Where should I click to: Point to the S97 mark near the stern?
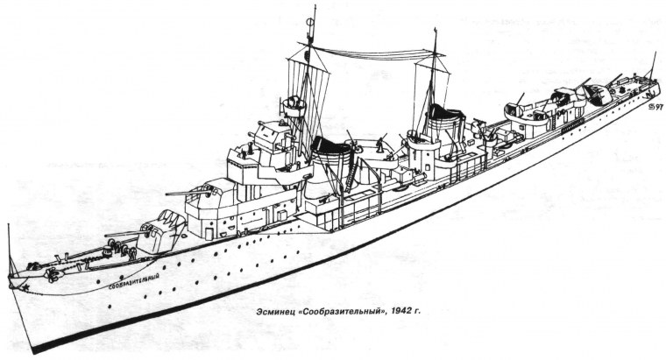(656, 108)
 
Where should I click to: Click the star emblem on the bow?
(25, 287)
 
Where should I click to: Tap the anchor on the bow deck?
(53, 275)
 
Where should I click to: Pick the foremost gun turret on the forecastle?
(161, 232)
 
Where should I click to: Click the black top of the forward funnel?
(331, 146)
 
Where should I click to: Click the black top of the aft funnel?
(445, 112)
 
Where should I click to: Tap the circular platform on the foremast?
(294, 107)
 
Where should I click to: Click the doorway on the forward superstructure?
(209, 233)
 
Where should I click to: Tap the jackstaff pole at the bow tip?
(9, 251)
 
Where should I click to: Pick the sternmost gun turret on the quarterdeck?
(597, 93)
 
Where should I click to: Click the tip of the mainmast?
(435, 28)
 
